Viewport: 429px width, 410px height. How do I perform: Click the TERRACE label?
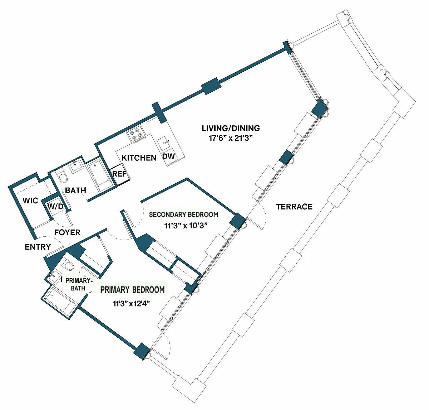tap(294, 207)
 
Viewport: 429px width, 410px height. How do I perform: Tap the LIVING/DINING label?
tap(231, 128)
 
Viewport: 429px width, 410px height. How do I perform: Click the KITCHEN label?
tap(139, 158)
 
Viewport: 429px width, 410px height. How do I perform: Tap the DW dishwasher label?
tap(169, 156)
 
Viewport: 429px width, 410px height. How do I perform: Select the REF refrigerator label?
tap(119, 174)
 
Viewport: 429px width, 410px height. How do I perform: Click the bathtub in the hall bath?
tap(100, 178)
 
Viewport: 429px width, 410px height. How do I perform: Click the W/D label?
tap(55, 206)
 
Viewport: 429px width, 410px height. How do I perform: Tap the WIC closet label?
tap(30, 201)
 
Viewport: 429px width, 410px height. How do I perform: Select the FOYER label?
tap(67, 232)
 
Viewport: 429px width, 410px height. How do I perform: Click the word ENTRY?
tap(38, 247)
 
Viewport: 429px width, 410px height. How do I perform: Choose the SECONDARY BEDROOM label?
tap(183, 214)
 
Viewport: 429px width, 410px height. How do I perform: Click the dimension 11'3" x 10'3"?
tap(186, 226)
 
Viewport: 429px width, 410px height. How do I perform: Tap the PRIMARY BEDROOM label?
tap(132, 290)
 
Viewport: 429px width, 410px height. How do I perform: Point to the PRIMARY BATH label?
tap(78, 284)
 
